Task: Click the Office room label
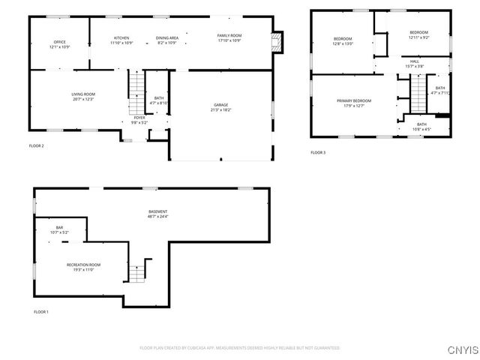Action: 59,41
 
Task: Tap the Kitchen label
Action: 121,37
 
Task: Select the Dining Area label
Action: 166,37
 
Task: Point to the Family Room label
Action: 229,37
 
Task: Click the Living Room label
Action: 83,94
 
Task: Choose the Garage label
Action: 220,105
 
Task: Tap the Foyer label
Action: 139,117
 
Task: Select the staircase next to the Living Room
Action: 135,87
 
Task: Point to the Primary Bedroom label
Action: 353,100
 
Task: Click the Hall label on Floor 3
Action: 414,61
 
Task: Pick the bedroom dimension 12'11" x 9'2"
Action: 418,37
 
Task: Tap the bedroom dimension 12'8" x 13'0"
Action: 343,43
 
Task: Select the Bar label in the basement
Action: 59,227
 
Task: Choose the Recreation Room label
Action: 83,265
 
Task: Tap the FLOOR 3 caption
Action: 318,152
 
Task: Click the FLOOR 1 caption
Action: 41,311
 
